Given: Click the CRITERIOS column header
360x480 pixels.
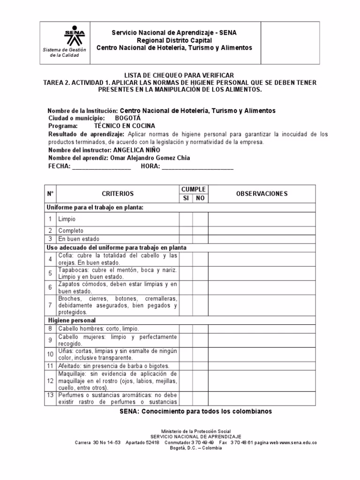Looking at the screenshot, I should [117, 194].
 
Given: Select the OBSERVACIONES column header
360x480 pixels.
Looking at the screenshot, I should [262, 194].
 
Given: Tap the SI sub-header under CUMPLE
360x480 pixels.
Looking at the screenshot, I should [186, 198].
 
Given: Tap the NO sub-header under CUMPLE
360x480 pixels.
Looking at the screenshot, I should [200, 198].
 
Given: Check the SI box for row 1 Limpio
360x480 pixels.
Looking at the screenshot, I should [186, 219].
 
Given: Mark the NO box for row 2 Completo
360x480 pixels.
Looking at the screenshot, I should [200, 231].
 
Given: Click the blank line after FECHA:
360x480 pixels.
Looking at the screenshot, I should [102, 166].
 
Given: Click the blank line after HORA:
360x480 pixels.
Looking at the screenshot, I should [197, 166].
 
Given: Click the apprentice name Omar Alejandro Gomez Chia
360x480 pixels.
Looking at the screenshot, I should [150, 158].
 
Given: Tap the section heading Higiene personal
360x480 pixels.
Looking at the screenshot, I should [72, 320].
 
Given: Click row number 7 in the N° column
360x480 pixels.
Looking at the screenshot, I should [50, 305].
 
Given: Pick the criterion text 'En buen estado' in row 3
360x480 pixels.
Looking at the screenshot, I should [79, 239].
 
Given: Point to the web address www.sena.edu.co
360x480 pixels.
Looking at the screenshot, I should [298, 442].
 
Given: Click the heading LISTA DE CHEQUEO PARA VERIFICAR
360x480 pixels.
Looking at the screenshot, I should [178, 75].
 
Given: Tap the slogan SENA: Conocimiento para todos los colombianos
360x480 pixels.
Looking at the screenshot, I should [195, 412].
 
